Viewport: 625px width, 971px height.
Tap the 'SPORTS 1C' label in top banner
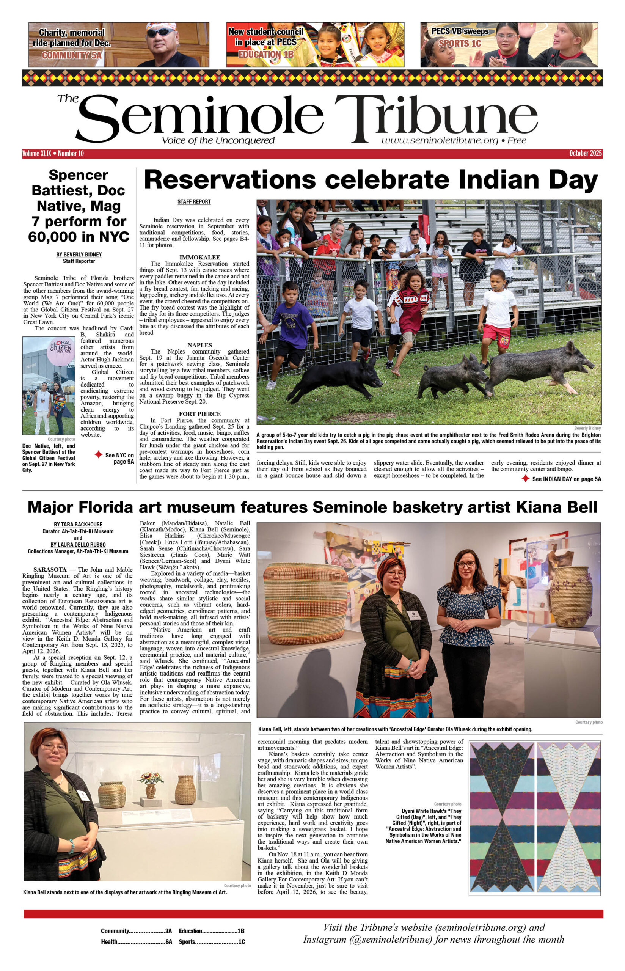click(460, 43)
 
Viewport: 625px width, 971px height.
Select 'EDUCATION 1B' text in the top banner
click(265, 54)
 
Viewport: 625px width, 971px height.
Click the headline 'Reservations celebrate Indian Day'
click(371, 180)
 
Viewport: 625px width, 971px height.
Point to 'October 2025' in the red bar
click(585, 153)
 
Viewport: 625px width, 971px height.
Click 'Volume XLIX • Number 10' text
click(53, 153)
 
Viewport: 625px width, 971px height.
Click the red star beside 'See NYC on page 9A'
click(98, 455)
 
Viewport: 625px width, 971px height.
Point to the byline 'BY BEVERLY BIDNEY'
click(79, 255)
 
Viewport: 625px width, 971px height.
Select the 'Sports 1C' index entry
click(212, 942)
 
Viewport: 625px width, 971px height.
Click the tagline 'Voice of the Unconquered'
click(218, 141)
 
